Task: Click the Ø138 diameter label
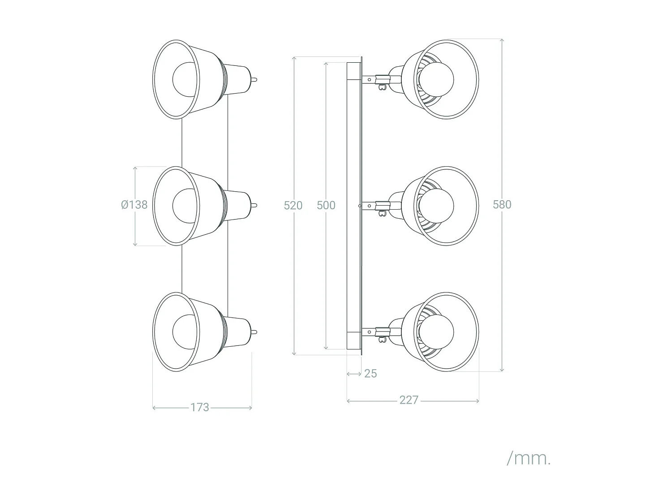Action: [134, 205]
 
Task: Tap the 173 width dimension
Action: [200, 407]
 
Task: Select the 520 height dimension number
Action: [293, 205]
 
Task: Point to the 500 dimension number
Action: [326, 205]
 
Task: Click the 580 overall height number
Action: [502, 204]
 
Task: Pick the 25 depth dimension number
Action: [370, 373]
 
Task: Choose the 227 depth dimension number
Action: [409, 400]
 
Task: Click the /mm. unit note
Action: [529, 458]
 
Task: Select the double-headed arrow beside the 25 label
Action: [354, 373]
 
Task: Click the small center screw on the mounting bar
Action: [360, 206]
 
